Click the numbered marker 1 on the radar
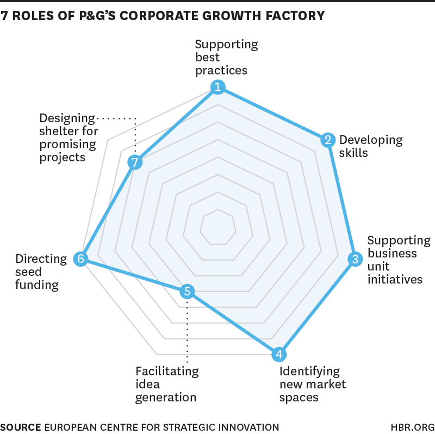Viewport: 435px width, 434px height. point(217,87)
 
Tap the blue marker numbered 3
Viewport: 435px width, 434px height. point(355,259)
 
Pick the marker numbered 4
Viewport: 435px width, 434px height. point(279,355)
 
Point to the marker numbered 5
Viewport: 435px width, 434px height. point(187,292)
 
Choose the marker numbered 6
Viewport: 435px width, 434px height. point(80,259)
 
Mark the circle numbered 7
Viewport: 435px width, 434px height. point(134,162)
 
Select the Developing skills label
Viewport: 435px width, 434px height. point(370,146)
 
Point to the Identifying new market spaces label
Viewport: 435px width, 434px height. point(312,384)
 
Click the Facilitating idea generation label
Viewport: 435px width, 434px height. point(166,384)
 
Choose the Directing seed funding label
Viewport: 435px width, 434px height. point(41,272)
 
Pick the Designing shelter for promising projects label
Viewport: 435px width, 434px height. point(69,137)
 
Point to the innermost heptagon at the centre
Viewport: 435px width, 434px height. point(217,227)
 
